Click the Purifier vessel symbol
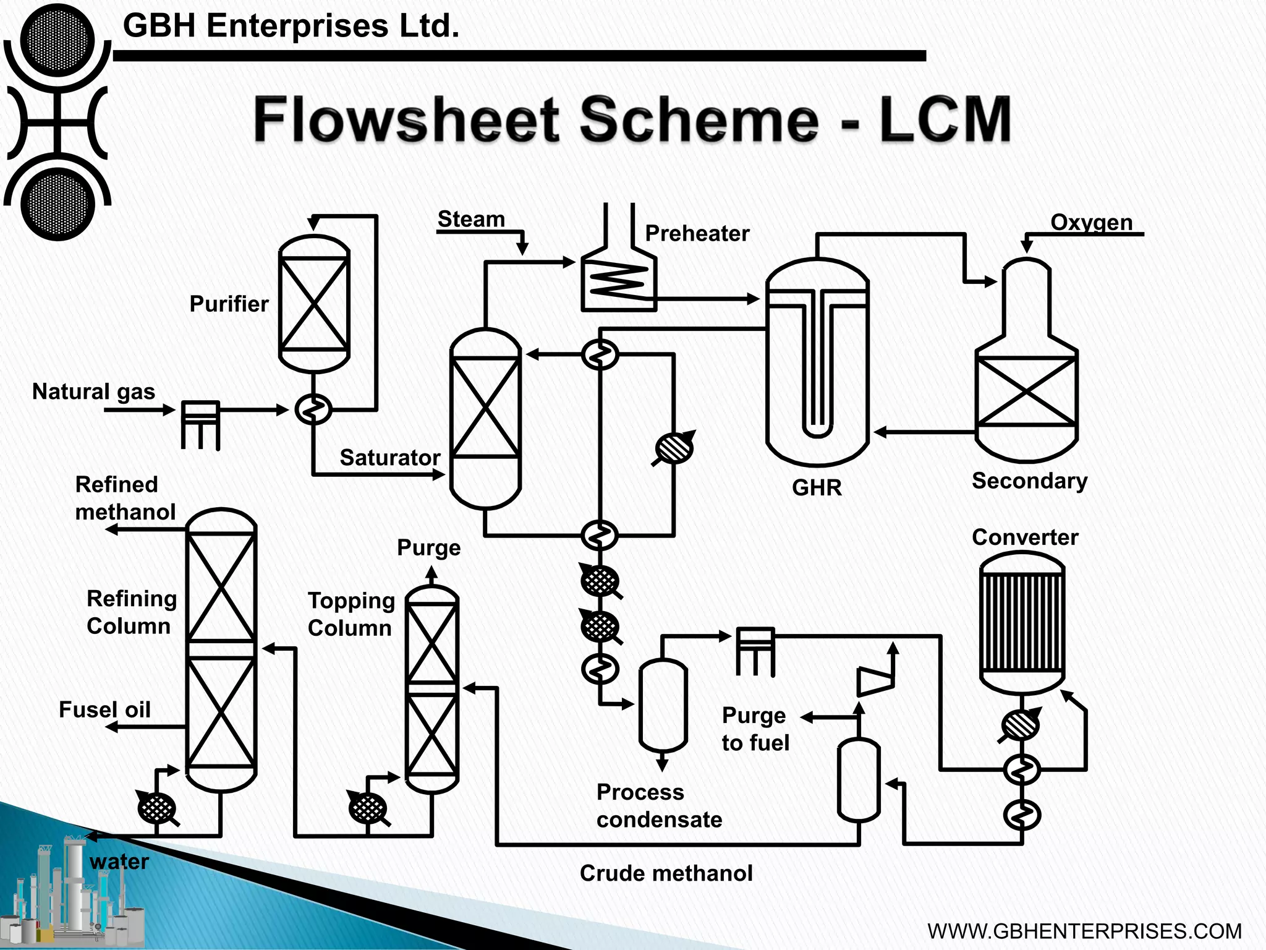pyautogui.click(x=314, y=304)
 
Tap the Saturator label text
pyautogui.click(x=389, y=458)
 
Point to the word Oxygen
pyautogui.click(x=1091, y=222)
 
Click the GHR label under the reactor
pyautogui.click(x=817, y=487)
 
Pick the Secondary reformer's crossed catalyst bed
pyautogui.click(x=1026, y=391)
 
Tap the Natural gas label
pyautogui.click(x=93, y=392)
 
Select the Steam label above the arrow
pyautogui.click(x=471, y=219)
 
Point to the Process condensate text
pyautogui.click(x=658, y=805)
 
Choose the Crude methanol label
pyautogui.click(x=666, y=873)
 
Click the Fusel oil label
pyautogui.click(x=104, y=709)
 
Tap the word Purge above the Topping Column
pyautogui.click(x=428, y=548)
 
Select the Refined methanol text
pyautogui.click(x=125, y=498)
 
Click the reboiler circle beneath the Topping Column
pyautogui.click(x=368, y=808)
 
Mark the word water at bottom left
pyautogui.click(x=119, y=862)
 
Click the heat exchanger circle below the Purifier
pyautogui.click(x=313, y=409)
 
